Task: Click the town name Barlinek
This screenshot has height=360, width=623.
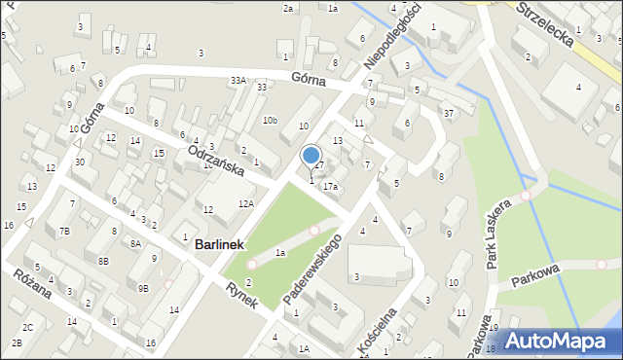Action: pyautogui.click(x=224, y=246)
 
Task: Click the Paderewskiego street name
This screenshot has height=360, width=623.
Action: pyautogui.click(x=312, y=266)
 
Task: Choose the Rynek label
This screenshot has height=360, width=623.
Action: pyautogui.click(x=240, y=295)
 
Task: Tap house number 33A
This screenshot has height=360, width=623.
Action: pyautogui.click(x=238, y=80)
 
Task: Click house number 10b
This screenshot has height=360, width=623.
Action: pyautogui.click(x=270, y=121)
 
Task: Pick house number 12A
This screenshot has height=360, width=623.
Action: pyautogui.click(x=246, y=203)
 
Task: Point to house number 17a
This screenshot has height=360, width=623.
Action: pyautogui.click(x=331, y=186)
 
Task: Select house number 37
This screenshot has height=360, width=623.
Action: pyautogui.click(x=449, y=114)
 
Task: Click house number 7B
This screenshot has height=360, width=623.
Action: pyautogui.click(x=64, y=232)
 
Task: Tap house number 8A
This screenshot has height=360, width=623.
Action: pyautogui.click(x=136, y=244)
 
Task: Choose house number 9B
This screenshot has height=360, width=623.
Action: pyautogui.click(x=143, y=288)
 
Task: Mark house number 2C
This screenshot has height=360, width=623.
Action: pyautogui.click(x=28, y=327)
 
